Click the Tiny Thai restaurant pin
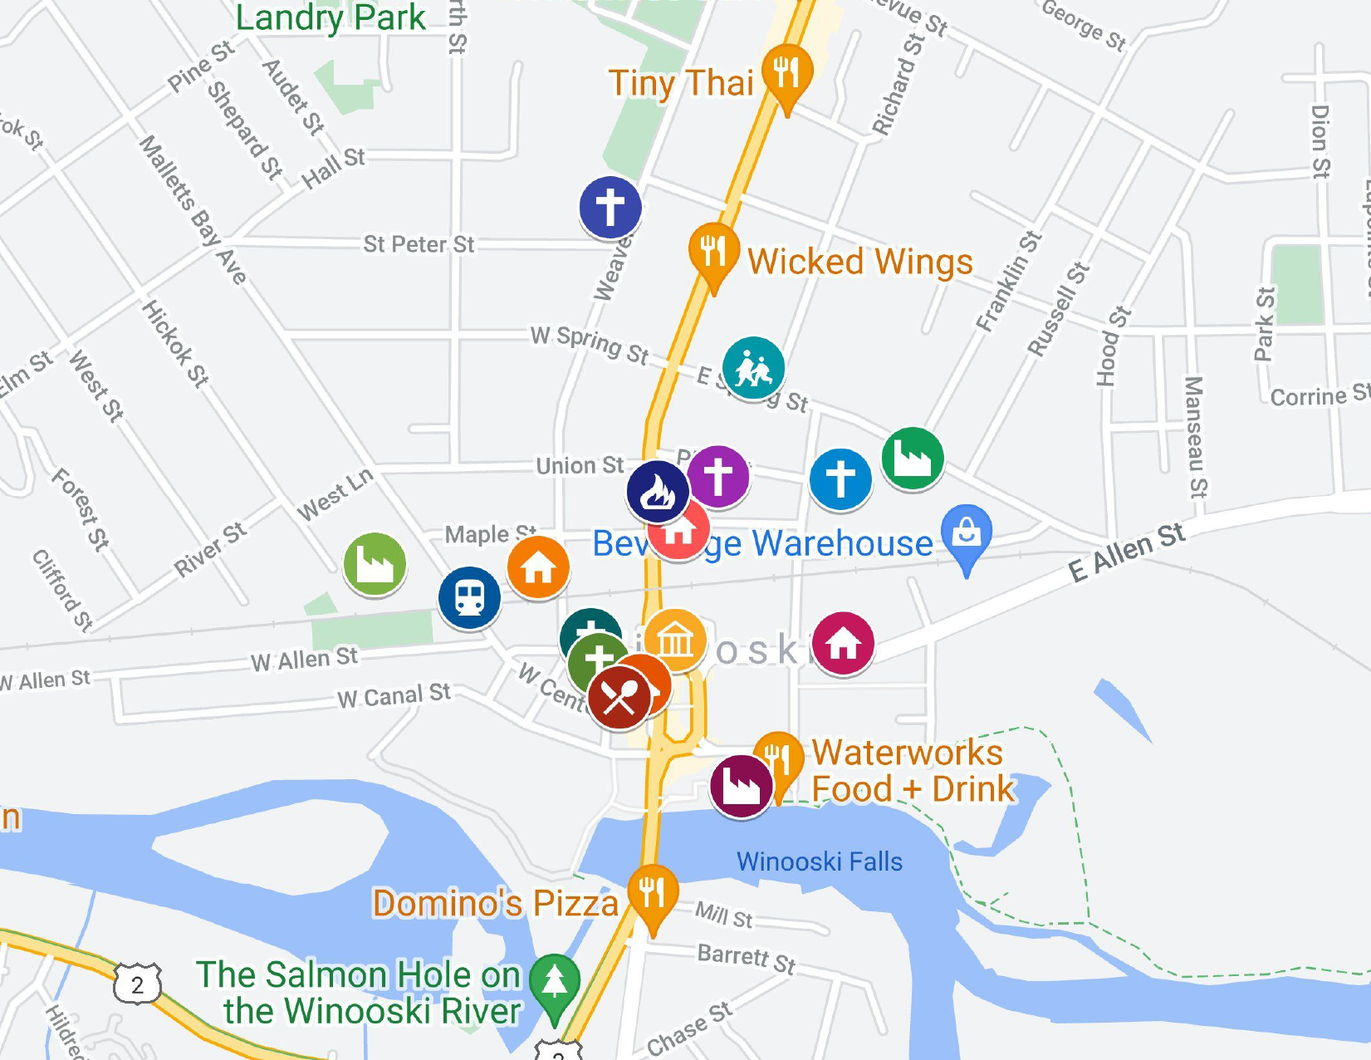tap(786, 73)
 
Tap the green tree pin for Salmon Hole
tap(554, 984)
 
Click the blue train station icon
tap(469, 597)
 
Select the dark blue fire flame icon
tap(657, 492)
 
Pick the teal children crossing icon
tap(753, 368)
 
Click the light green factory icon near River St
tap(375, 564)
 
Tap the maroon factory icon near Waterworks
tap(741, 786)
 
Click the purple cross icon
tap(719, 476)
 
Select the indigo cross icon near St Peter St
tap(610, 207)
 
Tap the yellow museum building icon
tap(675, 640)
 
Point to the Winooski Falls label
tap(819, 861)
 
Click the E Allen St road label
tap(1127, 552)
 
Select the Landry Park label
tap(331, 17)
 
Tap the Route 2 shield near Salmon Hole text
tap(137, 984)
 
